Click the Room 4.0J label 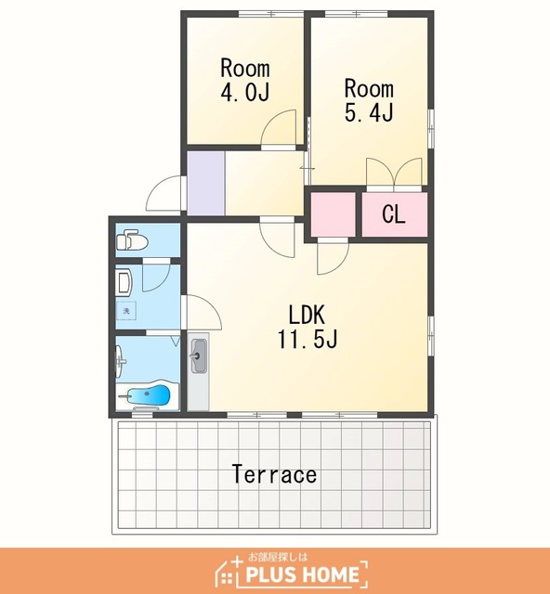[x=245, y=81]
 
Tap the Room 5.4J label [x=369, y=100]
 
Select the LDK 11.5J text [x=308, y=327]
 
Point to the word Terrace [x=274, y=474]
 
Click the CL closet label [x=394, y=214]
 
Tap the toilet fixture [x=132, y=239]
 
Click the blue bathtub [x=148, y=396]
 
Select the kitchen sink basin [x=199, y=356]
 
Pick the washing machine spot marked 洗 [x=126, y=311]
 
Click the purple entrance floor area [x=206, y=183]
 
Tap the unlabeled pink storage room [x=334, y=214]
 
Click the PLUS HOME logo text [x=302, y=575]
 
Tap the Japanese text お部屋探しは [x=278, y=557]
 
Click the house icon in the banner [x=226, y=573]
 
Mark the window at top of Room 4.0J [x=271, y=14]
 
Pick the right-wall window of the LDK [x=431, y=336]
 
